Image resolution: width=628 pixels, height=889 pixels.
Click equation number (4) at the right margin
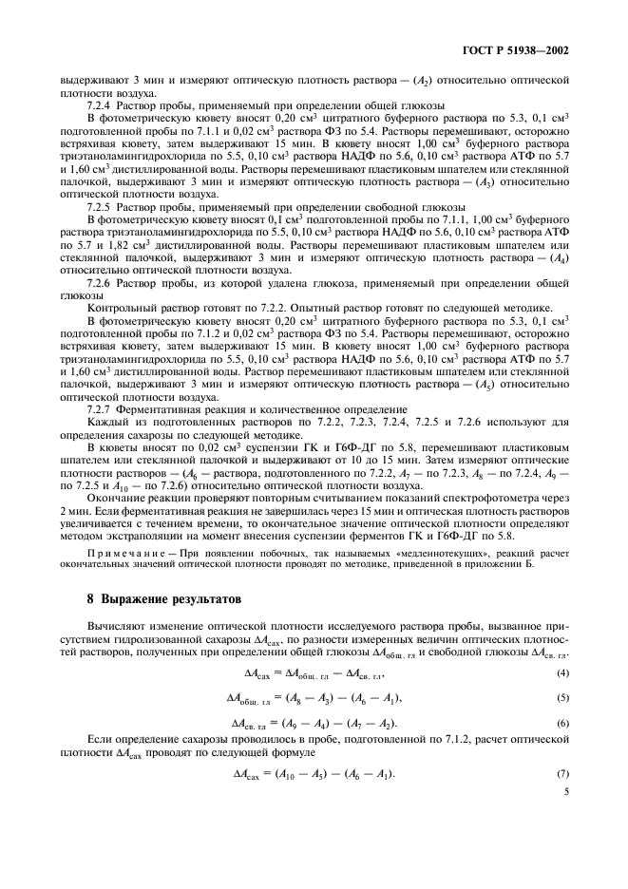tap(561, 673)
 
